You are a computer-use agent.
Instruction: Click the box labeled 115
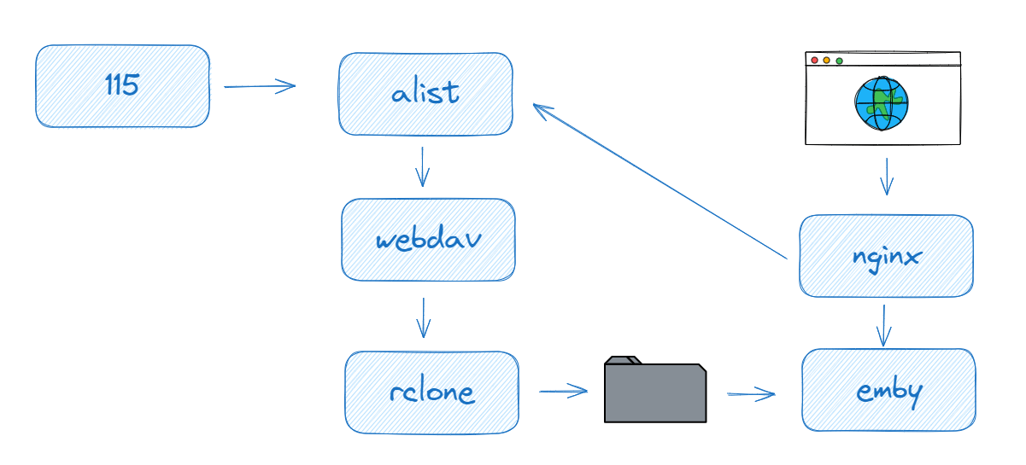pyautogui.click(x=122, y=86)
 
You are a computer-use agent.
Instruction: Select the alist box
pyautogui.click(x=425, y=94)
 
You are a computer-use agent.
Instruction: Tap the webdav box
pyautogui.click(x=428, y=240)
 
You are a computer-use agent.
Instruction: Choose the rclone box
pyautogui.click(x=431, y=392)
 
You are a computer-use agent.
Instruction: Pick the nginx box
pyautogui.click(x=886, y=256)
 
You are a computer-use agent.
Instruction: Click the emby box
pyautogui.click(x=888, y=390)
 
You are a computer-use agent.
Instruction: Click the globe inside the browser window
pyautogui.click(x=882, y=104)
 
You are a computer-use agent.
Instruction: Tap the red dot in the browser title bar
pyautogui.click(x=814, y=61)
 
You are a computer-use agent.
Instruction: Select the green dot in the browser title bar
pyautogui.click(x=839, y=61)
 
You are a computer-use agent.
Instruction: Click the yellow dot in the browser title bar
pyautogui.click(x=826, y=61)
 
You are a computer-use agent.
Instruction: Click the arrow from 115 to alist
pyautogui.click(x=259, y=85)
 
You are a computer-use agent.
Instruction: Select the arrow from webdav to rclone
pyautogui.click(x=423, y=317)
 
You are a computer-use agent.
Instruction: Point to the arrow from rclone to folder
pyautogui.click(x=564, y=392)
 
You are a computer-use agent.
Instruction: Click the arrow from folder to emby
pyautogui.click(x=751, y=394)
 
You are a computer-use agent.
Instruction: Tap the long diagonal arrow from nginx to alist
pyautogui.click(x=658, y=180)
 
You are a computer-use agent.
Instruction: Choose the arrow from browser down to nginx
pyautogui.click(x=887, y=177)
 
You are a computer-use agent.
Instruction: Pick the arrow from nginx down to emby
pyautogui.click(x=884, y=325)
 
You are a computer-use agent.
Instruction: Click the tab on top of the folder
pyautogui.click(x=622, y=360)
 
